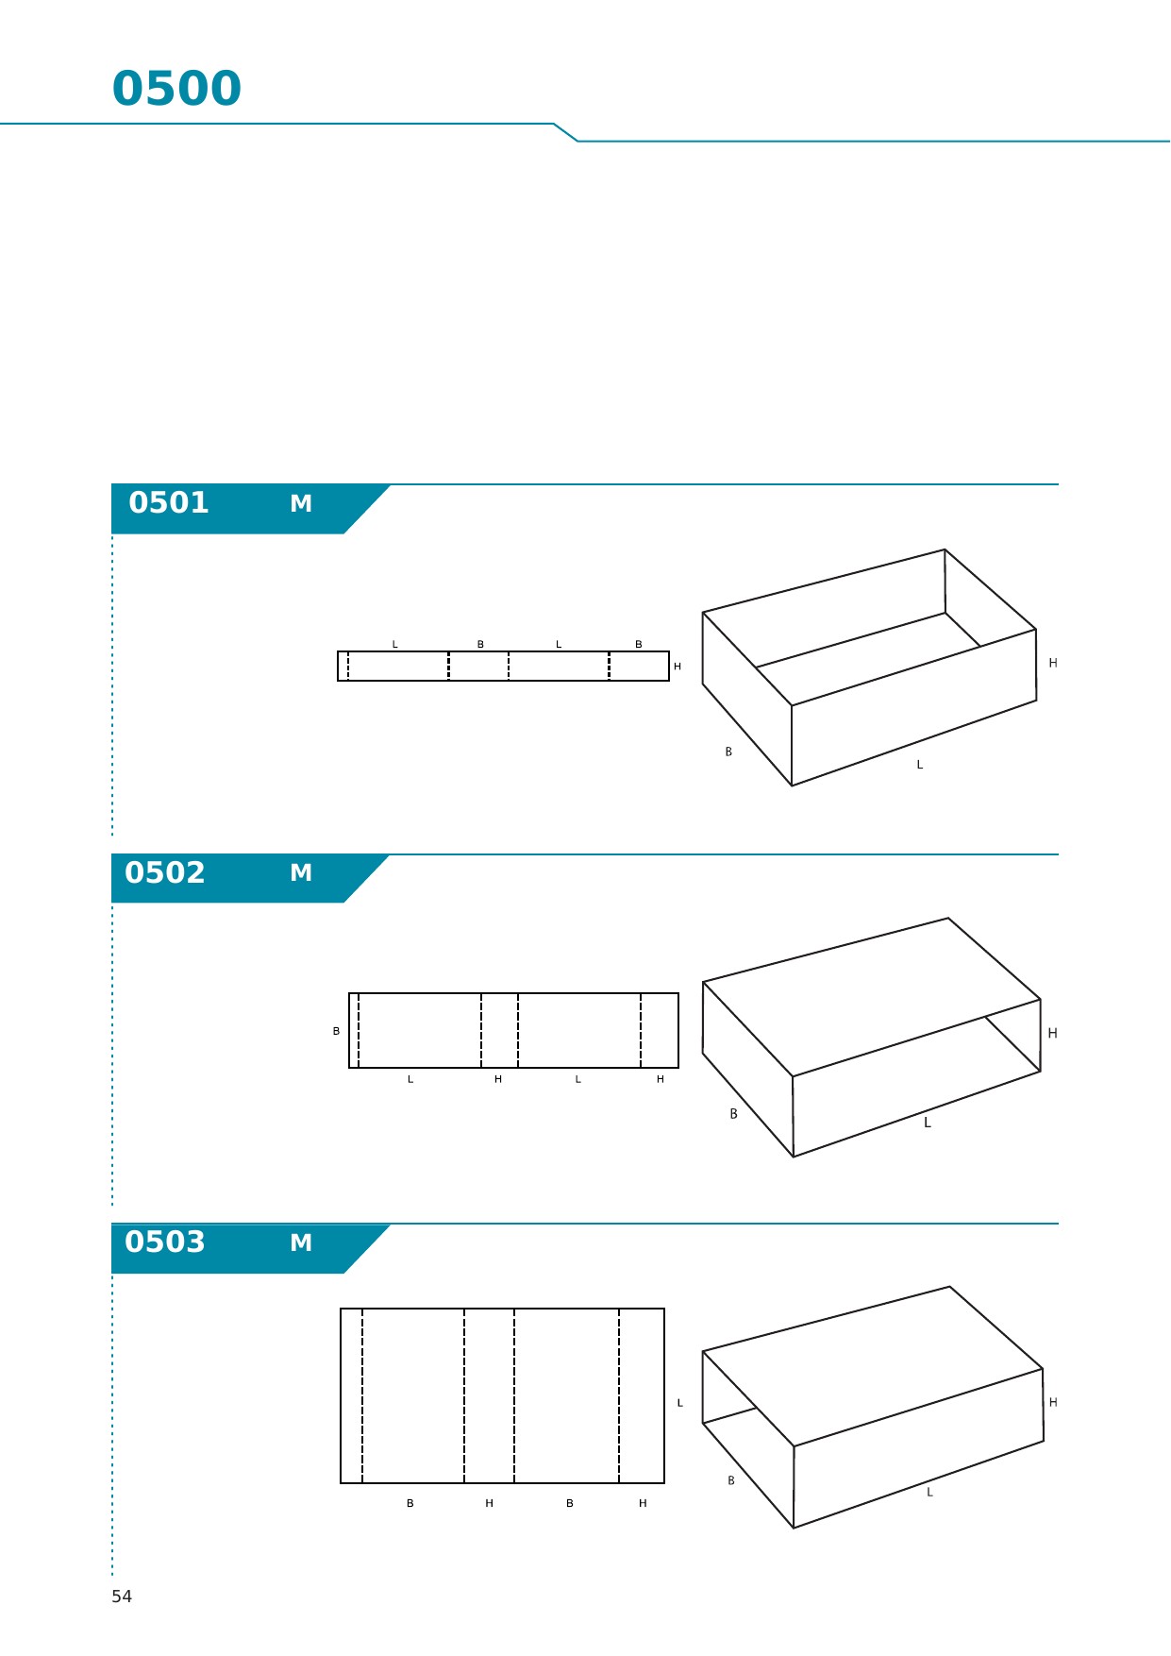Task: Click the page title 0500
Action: [x=176, y=89]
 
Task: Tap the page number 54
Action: [x=122, y=1597]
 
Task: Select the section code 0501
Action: [x=169, y=502]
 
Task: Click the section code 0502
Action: [x=165, y=872]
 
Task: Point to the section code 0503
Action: [x=165, y=1242]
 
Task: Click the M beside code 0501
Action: [x=301, y=503]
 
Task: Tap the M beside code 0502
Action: [x=301, y=872]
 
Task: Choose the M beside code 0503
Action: [x=301, y=1242]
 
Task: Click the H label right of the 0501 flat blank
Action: [x=678, y=667]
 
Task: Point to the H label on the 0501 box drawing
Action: [x=1053, y=663]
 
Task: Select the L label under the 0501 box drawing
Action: [x=920, y=765]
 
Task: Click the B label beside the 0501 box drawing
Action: [x=728, y=752]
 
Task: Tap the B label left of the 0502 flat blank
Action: [x=336, y=1031]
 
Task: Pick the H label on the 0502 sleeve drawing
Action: [x=1053, y=1033]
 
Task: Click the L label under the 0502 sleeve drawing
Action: [x=928, y=1123]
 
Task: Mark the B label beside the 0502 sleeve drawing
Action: [x=733, y=1114]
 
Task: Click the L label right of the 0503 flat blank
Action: [x=679, y=1403]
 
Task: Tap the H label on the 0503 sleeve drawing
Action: [x=1053, y=1402]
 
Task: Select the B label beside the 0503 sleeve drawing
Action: [x=730, y=1480]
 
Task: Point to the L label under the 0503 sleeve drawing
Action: [x=929, y=1492]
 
